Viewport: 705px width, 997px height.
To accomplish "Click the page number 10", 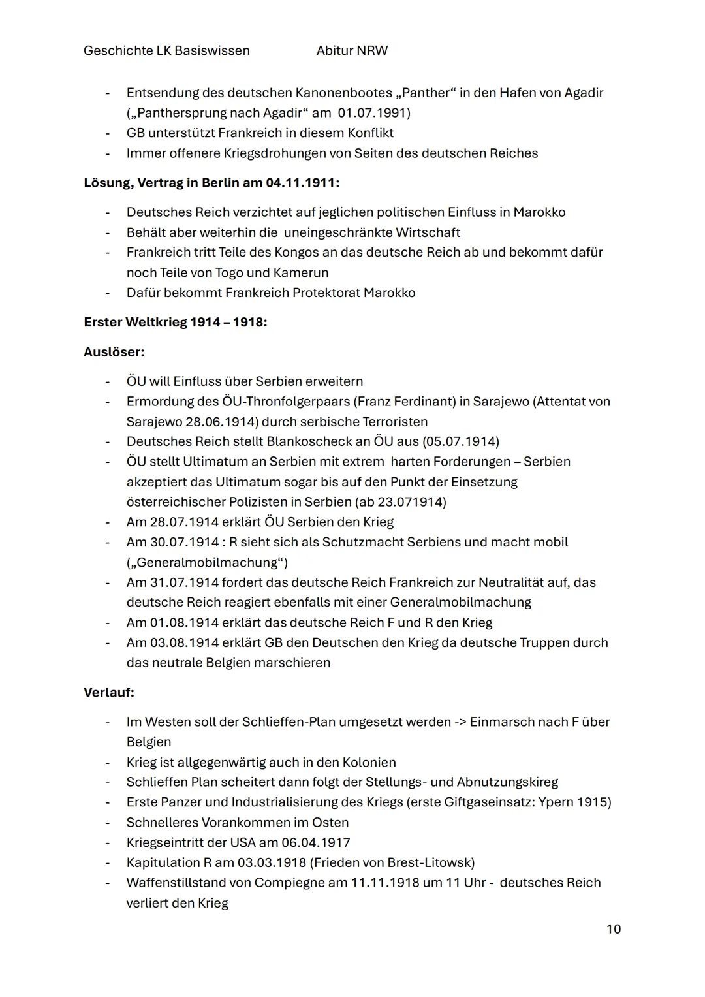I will (613, 929).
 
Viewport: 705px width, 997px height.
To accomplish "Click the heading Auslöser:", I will (114, 352).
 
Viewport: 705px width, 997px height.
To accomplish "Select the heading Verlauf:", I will (108, 692).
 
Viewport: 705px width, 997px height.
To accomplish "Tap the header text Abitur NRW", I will (351, 51).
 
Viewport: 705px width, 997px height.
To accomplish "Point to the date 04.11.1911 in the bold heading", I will (300, 183).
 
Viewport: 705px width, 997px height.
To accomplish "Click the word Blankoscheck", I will (309, 441).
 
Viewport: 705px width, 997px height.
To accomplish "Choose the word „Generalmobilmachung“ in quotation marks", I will (206, 562).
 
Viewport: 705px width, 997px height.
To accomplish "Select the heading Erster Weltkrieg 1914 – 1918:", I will (175, 323).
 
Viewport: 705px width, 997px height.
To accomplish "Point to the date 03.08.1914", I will (184, 642).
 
